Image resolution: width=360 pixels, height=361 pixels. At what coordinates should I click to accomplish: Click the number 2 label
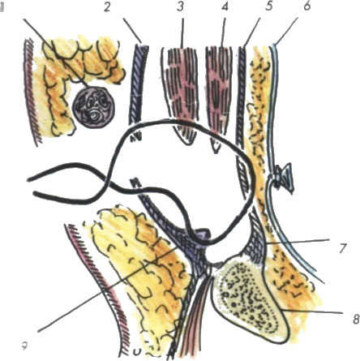tap(107, 7)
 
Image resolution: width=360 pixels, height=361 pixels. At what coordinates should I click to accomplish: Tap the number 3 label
tap(180, 6)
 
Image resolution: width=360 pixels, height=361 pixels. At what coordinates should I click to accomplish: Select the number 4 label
tap(225, 6)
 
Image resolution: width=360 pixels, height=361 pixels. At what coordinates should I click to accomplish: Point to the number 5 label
tap(268, 6)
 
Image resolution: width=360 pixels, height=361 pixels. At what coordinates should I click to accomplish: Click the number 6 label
tap(307, 6)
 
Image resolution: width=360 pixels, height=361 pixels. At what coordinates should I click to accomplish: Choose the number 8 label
tap(356, 319)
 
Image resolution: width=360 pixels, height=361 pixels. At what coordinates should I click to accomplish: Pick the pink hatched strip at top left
tap(32, 92)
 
